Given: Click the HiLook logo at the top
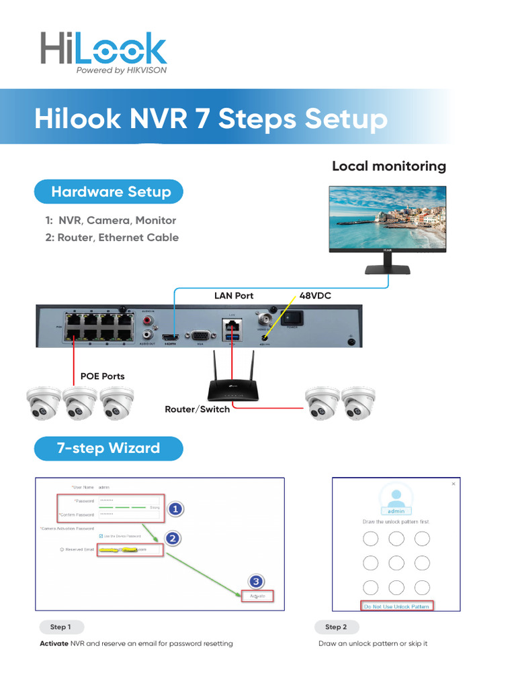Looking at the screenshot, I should [103, 52].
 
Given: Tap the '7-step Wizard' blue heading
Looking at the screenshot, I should [108, 447].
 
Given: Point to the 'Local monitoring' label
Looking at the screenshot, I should [388, 166].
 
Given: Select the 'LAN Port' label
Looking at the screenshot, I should [234, 295].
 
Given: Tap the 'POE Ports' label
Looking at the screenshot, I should [102, 376].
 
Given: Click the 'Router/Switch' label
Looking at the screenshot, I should [197, 409].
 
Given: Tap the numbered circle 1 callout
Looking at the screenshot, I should [175, 510].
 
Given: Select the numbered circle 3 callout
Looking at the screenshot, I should [255, 581].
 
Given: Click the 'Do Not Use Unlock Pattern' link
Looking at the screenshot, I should [396, 606].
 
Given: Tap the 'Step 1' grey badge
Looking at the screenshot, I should [60, 627].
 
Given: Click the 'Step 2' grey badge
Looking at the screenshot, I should [336, 627].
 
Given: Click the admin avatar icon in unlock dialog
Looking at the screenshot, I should [396, 497].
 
